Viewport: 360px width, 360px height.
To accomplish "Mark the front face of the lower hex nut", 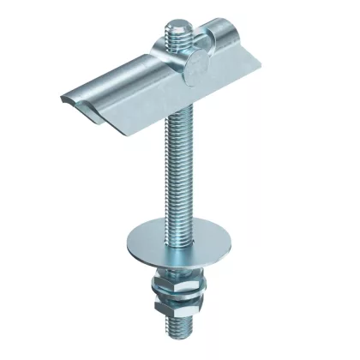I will (177, 308).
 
